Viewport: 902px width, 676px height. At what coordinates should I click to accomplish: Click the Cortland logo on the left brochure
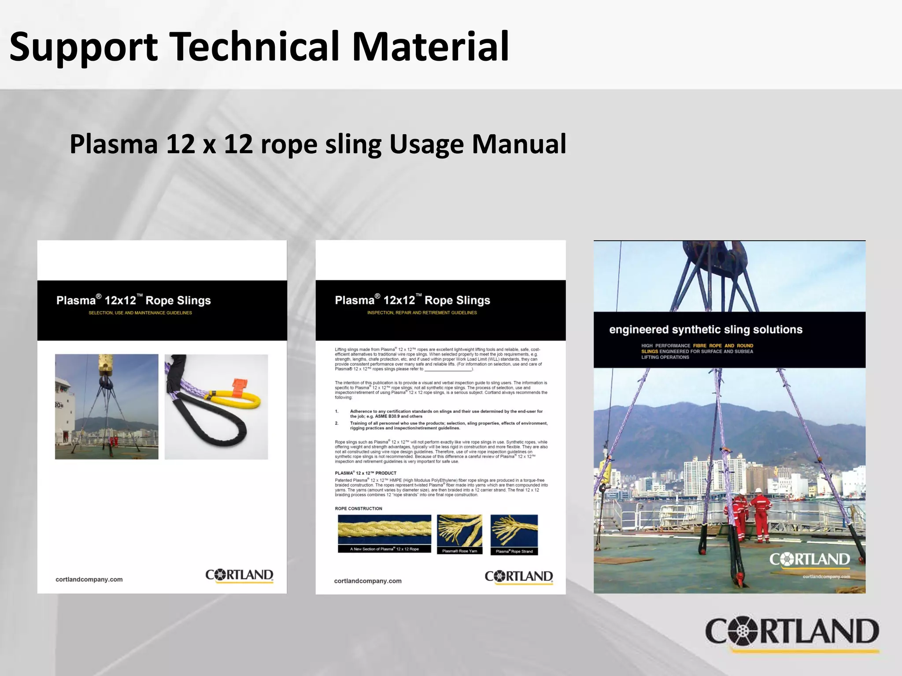click(239, 575)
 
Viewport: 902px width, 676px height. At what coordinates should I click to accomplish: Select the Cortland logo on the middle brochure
click(518, 577)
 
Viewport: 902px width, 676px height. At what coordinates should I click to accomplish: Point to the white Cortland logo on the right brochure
click(810, 559)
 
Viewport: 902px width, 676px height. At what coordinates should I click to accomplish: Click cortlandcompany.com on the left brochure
click(89, 580)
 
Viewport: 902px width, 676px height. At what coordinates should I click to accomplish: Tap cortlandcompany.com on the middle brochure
click(368, 581)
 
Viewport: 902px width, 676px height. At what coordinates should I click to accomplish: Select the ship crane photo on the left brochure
click(107, 407)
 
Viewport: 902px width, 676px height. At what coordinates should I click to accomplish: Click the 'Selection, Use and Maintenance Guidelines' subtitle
click(140, 313)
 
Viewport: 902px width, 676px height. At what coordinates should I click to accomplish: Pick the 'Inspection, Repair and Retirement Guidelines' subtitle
click(422, 313)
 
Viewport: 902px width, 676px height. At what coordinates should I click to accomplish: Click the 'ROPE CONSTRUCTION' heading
click(359, 509)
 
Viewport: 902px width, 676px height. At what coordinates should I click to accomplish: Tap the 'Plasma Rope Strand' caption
click(514, 551)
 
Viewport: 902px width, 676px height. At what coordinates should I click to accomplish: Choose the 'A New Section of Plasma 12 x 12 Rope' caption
click(384, 549)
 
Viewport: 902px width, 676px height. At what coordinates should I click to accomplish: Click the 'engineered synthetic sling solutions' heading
click(706, 330)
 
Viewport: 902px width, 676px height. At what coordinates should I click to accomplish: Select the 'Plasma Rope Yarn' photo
click(459, 531)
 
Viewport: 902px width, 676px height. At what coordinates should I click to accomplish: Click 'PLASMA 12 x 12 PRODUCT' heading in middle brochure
click(366, 473)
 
